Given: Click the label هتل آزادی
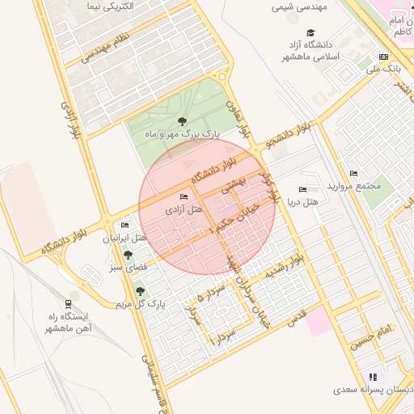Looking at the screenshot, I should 185,209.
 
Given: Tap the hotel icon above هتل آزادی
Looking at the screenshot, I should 184,196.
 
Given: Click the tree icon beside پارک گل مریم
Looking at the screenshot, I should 140,291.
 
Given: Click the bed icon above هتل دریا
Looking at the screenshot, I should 303,189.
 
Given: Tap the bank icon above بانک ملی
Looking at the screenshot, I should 383,57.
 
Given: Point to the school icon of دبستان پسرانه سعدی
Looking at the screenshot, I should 372,377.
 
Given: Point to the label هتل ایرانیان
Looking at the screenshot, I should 126,239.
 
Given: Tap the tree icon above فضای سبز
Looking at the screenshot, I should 127,256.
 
